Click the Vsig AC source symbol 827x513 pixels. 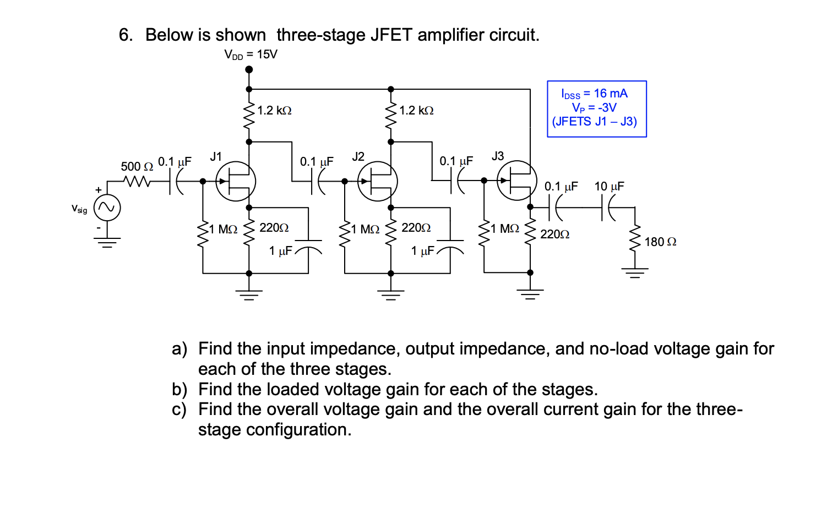point(107,208)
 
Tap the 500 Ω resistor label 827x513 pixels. point(137,166)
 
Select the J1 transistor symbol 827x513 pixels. point(236,181)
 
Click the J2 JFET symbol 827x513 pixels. point(378,181)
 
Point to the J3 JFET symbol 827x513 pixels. point(517,181)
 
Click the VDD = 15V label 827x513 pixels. point(251,54)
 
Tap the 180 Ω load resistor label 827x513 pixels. point(660,242)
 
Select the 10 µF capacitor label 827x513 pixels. point(609,187)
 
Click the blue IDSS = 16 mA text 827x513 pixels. point(594,94)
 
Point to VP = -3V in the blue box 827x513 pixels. point(594,108)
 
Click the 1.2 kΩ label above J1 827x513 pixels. point(274,111)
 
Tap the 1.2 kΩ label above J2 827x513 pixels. point(416,111)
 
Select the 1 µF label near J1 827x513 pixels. point(280,251)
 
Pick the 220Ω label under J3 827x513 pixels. point(554,234)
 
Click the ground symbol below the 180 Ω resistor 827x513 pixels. point(635,272)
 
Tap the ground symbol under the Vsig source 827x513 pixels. point(107,242)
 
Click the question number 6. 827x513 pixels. point(126,35)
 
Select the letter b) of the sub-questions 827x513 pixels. point(179,390)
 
